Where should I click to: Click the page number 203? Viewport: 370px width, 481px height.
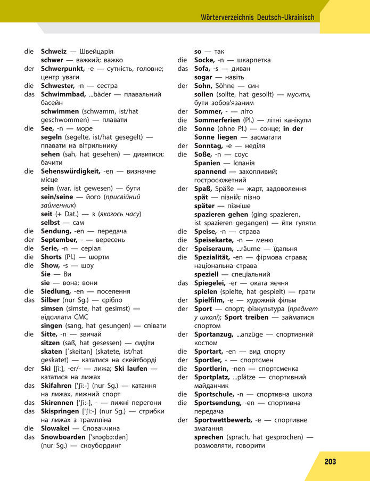(330, 462)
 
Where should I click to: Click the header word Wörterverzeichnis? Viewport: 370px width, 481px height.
(227, 17)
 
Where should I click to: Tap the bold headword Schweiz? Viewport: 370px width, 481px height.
(54, 52)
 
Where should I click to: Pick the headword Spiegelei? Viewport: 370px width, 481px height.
(210, 283)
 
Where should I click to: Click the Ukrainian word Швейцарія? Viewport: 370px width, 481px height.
(96, 52)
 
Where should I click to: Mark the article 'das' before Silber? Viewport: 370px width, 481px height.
(29, 300)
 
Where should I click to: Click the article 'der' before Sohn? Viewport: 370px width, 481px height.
(183, 86)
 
